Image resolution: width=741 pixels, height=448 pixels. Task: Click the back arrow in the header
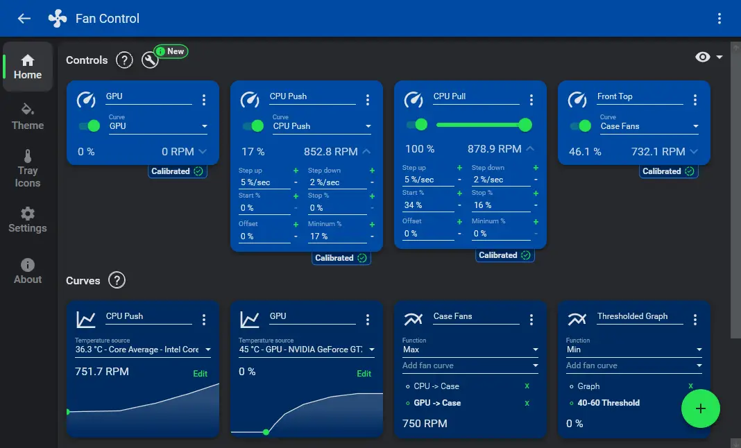(x=24, y=19)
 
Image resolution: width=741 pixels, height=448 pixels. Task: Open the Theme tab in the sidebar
(x=28, y=117)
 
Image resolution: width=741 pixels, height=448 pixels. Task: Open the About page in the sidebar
(x=28, y=270)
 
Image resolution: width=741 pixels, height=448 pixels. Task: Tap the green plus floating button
(x=700, y=408)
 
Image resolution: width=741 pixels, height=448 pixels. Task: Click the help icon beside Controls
(x=124, y=60)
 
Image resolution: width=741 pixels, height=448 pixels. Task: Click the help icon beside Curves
(x=117, y=281)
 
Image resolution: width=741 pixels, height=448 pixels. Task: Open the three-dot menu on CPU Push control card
(x=368, y=101)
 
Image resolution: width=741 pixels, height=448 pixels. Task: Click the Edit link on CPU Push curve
(x=200, y=374)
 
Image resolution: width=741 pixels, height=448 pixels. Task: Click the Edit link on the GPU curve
(x=364, y=374)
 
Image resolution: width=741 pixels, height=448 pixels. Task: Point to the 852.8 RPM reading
(x=330, y=152)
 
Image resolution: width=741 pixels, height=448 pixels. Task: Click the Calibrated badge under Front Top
(x=668, y=171)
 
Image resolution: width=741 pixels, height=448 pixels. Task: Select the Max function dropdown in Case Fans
(x=470, y=350)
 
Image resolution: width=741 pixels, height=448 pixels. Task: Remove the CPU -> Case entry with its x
(x=527, y=386)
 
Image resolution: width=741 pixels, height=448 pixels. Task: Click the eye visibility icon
(x=703, y=57)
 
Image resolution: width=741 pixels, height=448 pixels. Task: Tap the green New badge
(x=171, y=51)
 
